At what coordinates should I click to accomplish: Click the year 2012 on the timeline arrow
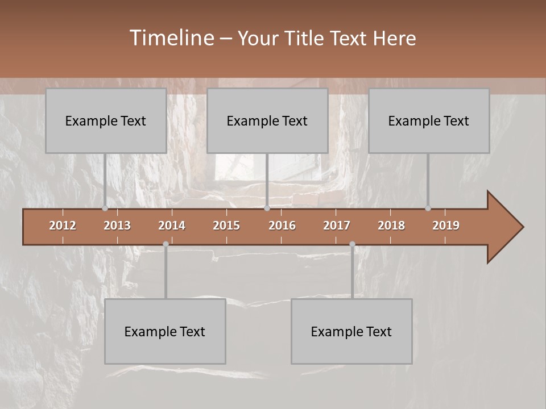[x=63, y=226]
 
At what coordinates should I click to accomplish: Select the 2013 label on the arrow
[x=117, y=226]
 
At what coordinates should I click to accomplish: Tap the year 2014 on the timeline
[x=172, y=226]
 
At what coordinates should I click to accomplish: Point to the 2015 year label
[x=226, y=226]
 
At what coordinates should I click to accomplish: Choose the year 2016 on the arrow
[x=282, y=226]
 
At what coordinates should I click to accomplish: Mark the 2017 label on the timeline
[x=337, y=226]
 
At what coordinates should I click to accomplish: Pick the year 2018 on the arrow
[x=391, y=226]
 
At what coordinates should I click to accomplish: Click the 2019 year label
[x=446, y=226]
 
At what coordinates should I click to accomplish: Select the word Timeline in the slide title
[x=171, y=38]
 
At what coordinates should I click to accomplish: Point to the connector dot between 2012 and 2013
[x=105, y=208]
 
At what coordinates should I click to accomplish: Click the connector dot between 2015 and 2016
[x=267, y=208]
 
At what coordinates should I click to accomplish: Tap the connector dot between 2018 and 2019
[x=428, y=208]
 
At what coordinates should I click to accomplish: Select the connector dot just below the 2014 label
[x=166, y=244]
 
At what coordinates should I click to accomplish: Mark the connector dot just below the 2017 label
[x=352, y=244]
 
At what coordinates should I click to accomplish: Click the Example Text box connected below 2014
[x=165, y=331]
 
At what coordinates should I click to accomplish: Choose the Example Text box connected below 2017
[x=351, y=331]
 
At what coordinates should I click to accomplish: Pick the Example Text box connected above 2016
[x=267, y=120]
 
